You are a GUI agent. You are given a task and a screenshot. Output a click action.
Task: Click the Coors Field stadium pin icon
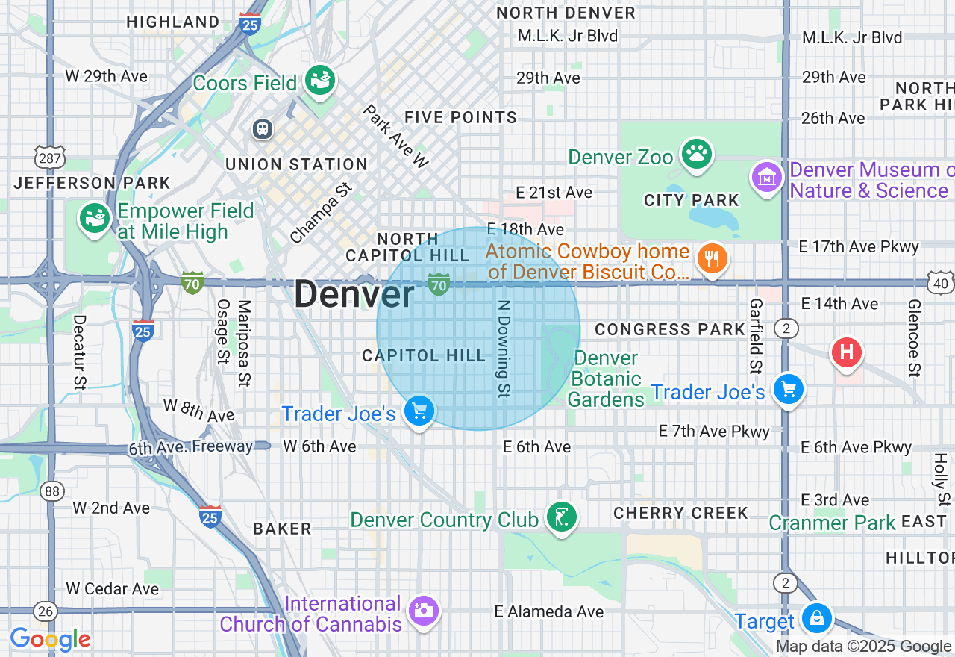click(x=321, y=81)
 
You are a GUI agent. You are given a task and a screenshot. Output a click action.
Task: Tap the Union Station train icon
click(x=262, y=129)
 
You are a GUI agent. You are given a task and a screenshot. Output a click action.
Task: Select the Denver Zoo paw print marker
click(x=697, y=155)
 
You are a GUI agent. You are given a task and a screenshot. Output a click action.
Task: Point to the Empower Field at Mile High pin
click(x=95, y=218)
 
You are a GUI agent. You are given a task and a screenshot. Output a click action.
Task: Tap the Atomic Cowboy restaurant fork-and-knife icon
click(x=712, y=260)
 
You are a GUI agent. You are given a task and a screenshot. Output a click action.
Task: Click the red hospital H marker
click(x=846, y=352)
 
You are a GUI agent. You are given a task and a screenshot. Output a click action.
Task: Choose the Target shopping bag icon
click(x=817, y=618)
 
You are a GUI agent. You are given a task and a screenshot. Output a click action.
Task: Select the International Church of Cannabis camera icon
click(x=424, y=611)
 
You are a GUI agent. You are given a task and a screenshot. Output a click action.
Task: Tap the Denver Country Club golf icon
click(x=561, y=517)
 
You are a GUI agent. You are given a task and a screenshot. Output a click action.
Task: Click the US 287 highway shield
click(x=50, y=158)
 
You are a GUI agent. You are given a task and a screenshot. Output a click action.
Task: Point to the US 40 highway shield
click(x=941, y=283)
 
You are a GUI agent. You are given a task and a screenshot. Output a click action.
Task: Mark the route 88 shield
click(x=52, y=491)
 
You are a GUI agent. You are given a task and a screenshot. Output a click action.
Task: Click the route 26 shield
click(x=46, y=611)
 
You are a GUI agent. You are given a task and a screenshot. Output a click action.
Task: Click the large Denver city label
click(x=354, y=294)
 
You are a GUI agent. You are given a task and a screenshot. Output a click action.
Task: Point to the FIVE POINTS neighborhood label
click(x=460, y=117)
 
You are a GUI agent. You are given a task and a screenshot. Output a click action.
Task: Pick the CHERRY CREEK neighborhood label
click(x=680, y=513)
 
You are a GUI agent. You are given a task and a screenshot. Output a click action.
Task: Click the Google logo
click(x=50, y=640)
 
